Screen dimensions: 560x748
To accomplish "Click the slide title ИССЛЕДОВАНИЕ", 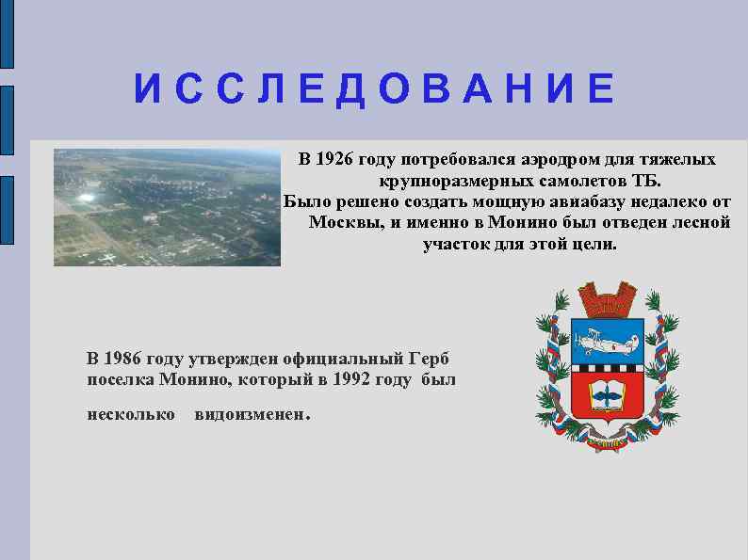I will [x=374, y=89].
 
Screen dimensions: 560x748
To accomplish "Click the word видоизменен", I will [x=251, y=414].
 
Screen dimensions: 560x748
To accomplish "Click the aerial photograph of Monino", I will [x=167, y=207].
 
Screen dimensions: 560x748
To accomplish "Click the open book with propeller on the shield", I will [x=608, y=394].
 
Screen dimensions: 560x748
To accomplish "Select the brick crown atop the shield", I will [x=608, y=301].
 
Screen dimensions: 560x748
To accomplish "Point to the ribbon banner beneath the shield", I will [x=608, y=443].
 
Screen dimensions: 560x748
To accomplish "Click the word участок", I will [x=459, y=245].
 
